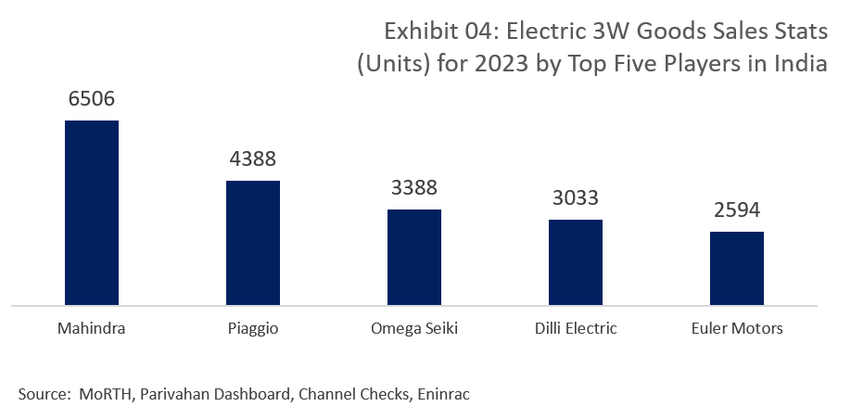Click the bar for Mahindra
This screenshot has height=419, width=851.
point(91,211)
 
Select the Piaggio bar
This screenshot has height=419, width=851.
point(253,241)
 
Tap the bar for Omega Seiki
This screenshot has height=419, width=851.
point(413,256)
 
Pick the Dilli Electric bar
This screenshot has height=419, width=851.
point(575,260)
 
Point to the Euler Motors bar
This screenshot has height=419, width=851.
point(736,267)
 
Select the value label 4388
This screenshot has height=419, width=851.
point(253,159)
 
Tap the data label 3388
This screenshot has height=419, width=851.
point(413,188)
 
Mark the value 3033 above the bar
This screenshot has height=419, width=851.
point(575,198)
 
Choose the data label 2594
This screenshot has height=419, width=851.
point(736,210)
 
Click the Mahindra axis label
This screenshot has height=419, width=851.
point(91,328)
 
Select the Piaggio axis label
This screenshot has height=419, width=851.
point(253,329)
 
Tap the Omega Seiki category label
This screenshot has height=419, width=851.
point(413,329)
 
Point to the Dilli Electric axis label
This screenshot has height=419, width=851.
point(575,328)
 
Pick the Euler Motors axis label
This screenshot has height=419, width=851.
point(736,328)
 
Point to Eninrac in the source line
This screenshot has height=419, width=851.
point(444,395)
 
